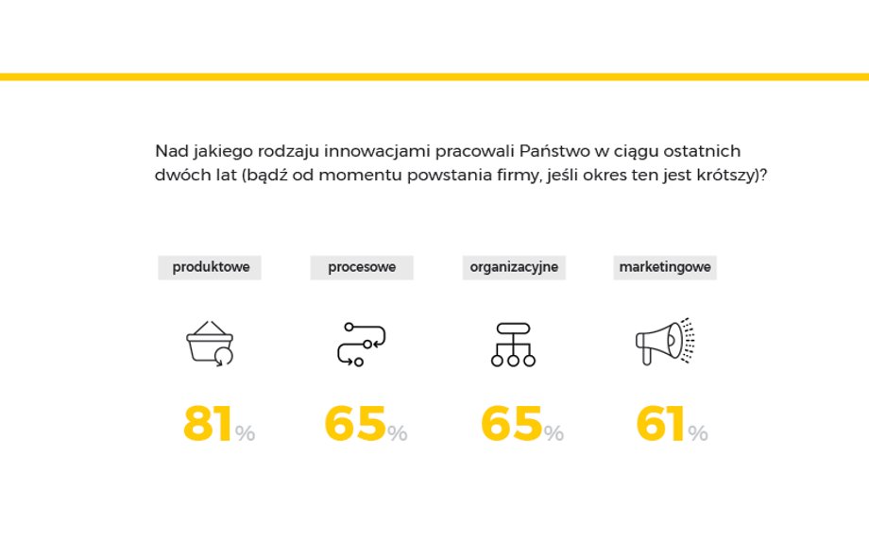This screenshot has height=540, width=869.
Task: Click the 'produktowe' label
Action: coord(211,267)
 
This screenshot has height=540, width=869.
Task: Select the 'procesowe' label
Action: coord(362,267)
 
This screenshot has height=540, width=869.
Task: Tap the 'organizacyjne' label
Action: coord(514,267)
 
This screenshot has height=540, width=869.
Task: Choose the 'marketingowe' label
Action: coord(665,267)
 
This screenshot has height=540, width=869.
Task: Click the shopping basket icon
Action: coord(210,344)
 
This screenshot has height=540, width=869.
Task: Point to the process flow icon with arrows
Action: coord(362,344)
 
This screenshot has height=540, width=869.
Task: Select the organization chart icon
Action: coord(513,345)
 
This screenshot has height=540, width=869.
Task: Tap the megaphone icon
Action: coord(664,341)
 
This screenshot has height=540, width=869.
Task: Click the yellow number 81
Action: coord(207,423)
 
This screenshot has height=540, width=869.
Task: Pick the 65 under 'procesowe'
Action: coord(355,423)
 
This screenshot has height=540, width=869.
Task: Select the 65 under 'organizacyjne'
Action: coord(511,423)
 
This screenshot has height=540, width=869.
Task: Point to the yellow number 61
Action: coord(660,423)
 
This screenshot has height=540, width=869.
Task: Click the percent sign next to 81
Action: coord(245,432)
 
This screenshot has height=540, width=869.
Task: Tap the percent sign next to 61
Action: coord(698,432)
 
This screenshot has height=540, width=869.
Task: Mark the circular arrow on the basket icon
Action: coord(223,357)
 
